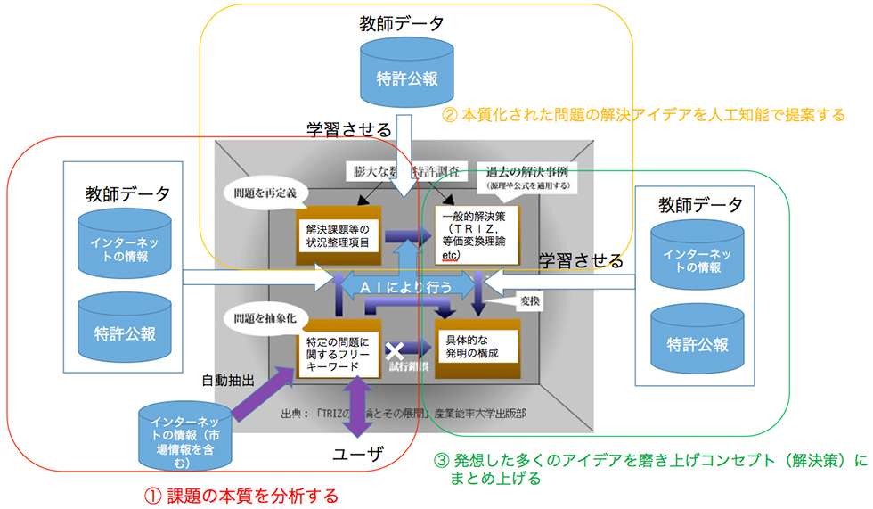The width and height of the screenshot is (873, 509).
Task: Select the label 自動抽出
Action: (228, 379)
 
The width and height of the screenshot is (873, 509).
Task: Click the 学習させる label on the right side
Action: (581, 261)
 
